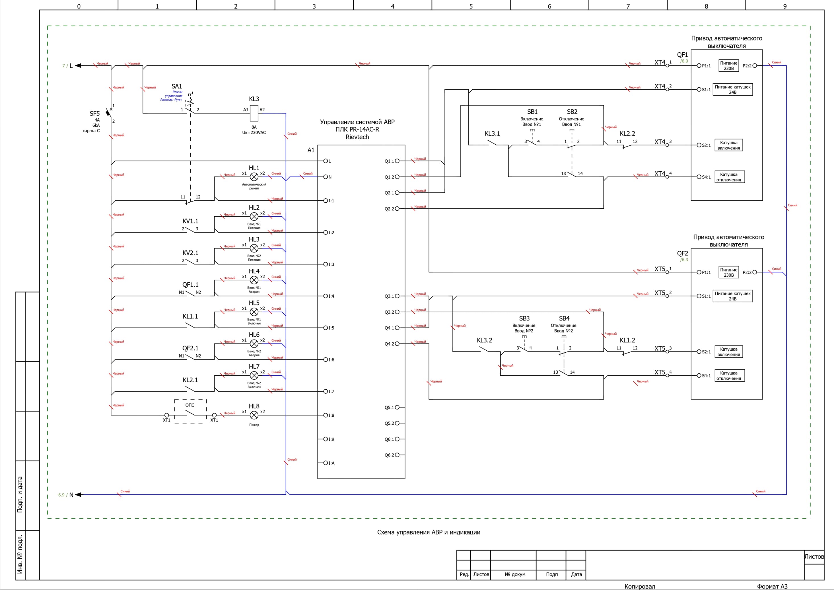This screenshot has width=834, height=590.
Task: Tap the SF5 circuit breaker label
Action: pyautogui.click(x=94, y=114)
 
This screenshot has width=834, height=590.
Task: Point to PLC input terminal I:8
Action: pyautogui.click(x=326, y=415)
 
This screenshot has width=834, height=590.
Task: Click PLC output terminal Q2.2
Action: pyautogui.click(x=397, y=209)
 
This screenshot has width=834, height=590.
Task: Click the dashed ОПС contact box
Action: pyautogui.click(x=190, y=411)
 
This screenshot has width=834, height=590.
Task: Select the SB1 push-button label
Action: pyautogui.click(x=532, y=112)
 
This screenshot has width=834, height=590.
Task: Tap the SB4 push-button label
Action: pyautogui.click(x=564, y=318)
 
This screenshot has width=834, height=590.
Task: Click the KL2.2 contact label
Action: pyautogui.click(x=627, y=134)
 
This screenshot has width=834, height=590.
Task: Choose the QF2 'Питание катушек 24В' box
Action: pyautogui.click(x=732, y=296)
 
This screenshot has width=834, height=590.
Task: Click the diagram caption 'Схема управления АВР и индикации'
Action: pyautogui.click(x=429, y=532)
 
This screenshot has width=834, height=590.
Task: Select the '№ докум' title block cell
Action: pyautogui.click(x=515, y=574)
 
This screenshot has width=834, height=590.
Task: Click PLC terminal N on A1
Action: pyautogui.click(x=326, y=177)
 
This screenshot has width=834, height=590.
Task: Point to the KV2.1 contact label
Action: pyautogui.click(x=190, y=253)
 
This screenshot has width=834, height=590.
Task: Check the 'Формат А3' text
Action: pyautogui.click(x=772, y=586)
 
